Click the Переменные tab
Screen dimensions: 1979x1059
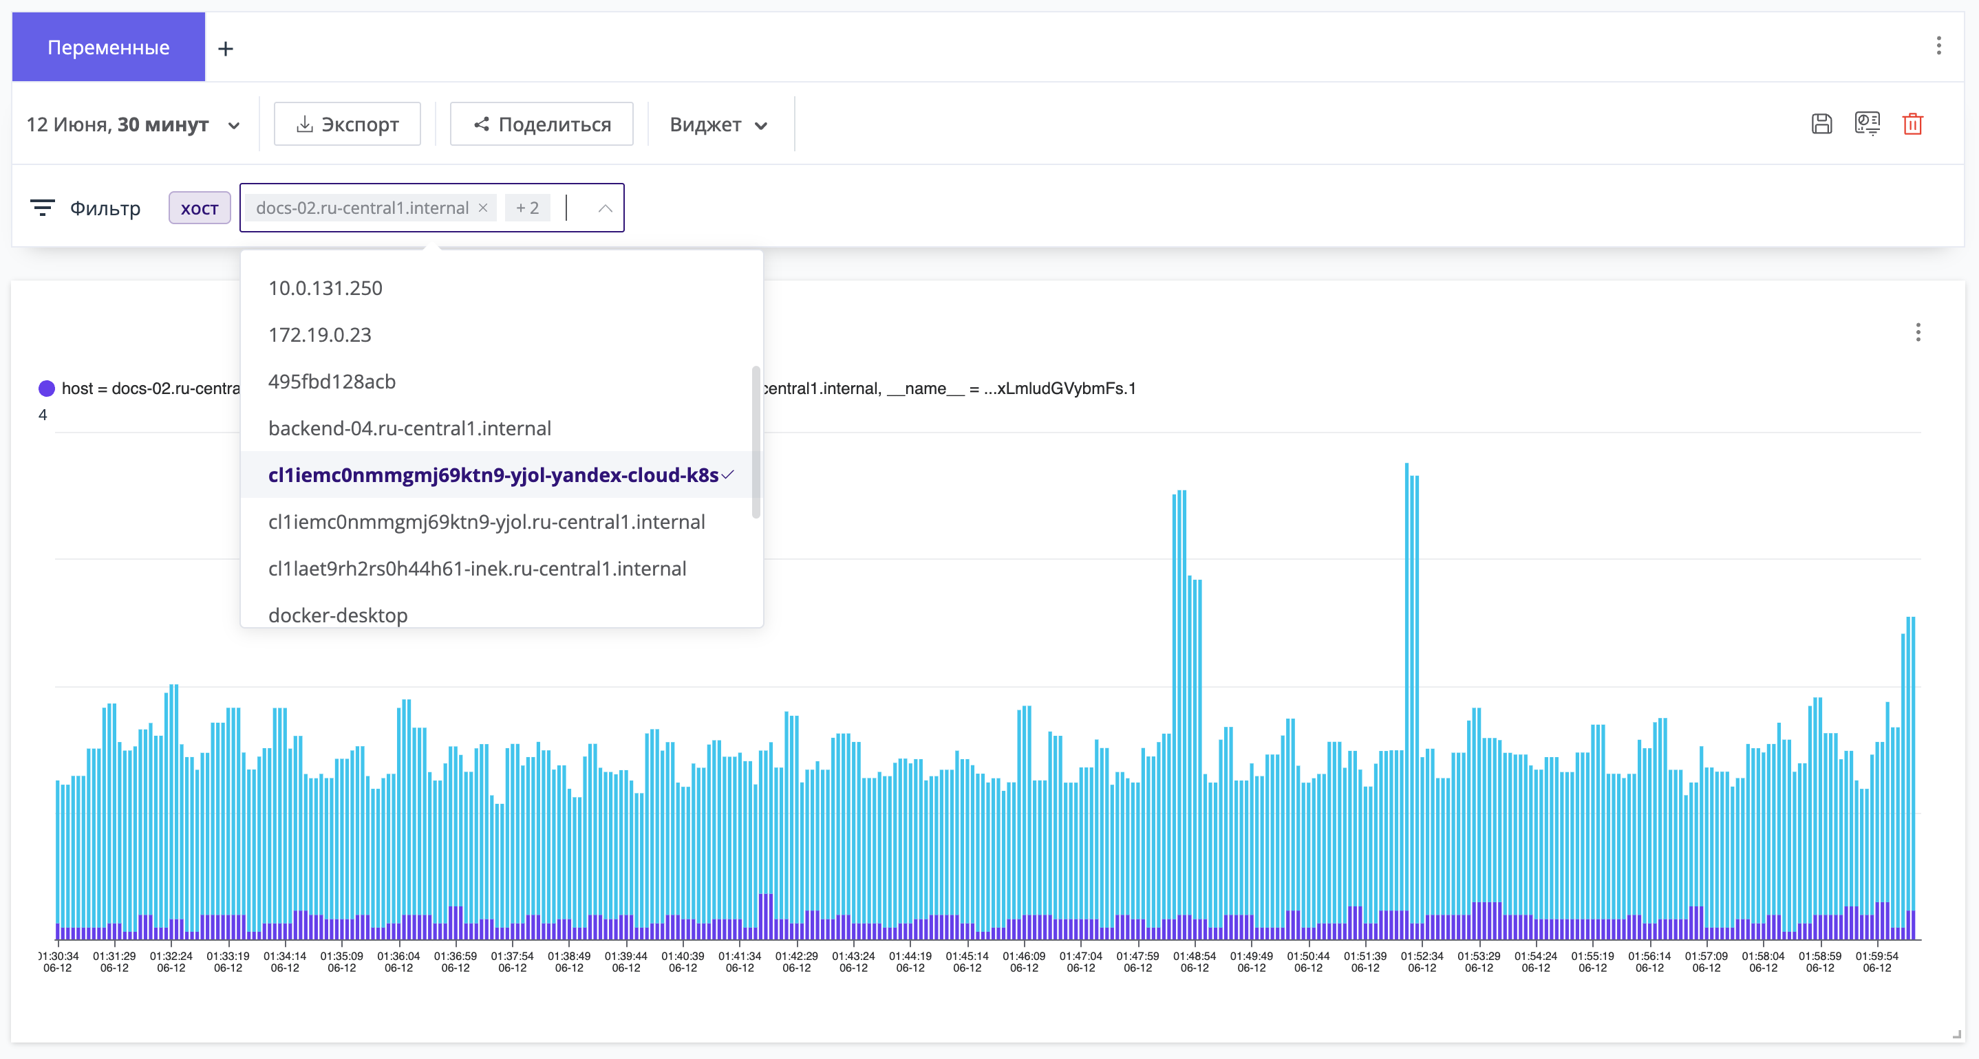pyautogui.click(x=108, y=47)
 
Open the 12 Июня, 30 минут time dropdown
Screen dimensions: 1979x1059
pyautogui.click(x=133, y=124)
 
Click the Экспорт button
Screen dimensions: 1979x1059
pyautogui.click(x=347, y=124)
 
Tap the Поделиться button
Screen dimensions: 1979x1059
pyautogui.click(x=542, y=124)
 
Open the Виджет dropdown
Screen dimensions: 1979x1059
pyautogui.click(x=718, y=124)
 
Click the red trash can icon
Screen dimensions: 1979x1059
pyautogui.click(x=1912, y=124)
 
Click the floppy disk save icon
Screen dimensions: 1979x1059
pyautogui.click(x=1821, y=124)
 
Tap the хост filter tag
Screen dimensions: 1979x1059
pyautogui.click(x=200, y=208)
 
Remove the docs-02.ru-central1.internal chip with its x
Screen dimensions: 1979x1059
pyautogui.click(x=483, y=208)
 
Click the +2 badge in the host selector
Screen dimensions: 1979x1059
pyautogui.click(x=527, y=208)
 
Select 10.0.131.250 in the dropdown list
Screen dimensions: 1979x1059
pyautogui.click(x=325, y=288)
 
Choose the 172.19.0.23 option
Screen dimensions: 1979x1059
pyautogui.click(x=319, y=335)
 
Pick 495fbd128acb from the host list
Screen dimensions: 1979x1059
pyautogui.click(x=332, y=382)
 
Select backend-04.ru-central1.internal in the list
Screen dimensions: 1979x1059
pyautogui.click(x=409, y=428)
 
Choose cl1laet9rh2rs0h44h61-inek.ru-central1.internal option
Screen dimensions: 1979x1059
pyautogui.click(x=477, y=568)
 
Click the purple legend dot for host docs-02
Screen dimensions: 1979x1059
pyautogui.click(x=47, y=389)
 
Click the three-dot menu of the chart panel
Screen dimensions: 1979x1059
pyautogui.click(x=1918, y=333)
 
